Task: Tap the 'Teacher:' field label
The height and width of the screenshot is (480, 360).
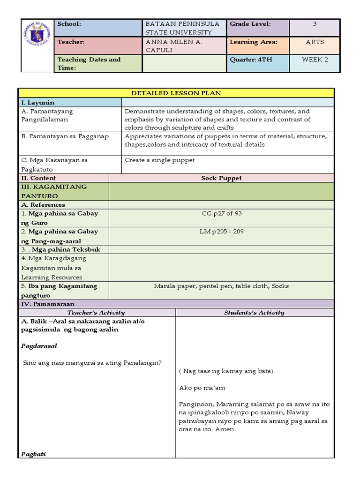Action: click(71, 42)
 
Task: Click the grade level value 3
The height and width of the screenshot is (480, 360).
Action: click(315, 24)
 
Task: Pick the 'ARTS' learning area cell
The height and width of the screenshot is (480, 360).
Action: click(315, 42)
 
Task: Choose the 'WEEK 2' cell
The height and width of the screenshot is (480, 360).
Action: click(315, 60)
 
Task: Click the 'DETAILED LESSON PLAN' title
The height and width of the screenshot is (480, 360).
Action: click(176, 93)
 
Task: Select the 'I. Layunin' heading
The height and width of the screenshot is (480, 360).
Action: click(38, 103)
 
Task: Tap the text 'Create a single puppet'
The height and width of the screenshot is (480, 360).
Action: click(160, 160)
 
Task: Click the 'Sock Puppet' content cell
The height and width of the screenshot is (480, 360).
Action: click(221, 178)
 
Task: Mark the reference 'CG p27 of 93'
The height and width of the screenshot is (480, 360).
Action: click(221, 214)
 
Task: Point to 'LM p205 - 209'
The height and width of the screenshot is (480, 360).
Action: click(221, 232)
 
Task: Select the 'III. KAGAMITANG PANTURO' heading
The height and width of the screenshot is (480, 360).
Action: click(54, 191)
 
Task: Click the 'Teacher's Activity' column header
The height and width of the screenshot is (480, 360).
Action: click(96, 313)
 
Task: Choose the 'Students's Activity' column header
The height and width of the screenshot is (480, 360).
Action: click(254, 313)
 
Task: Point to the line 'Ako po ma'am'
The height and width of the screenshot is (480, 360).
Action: click(199, 388)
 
